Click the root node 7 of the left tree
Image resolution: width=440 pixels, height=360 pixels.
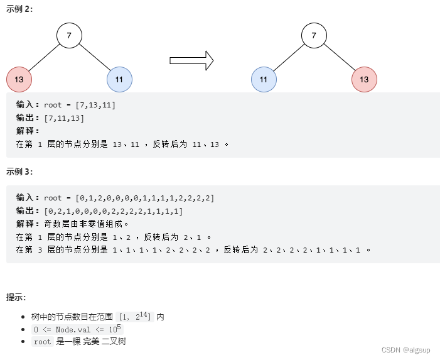point(69,36)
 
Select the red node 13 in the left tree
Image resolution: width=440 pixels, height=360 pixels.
point(19,80)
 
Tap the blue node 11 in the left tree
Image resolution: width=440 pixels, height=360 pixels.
point(119,80)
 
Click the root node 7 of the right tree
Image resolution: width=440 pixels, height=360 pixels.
point(314,36)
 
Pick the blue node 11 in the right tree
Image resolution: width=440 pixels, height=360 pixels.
point(264,80)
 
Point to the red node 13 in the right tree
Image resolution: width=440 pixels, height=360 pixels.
point(364,80)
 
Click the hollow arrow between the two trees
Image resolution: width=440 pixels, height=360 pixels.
point(191,60)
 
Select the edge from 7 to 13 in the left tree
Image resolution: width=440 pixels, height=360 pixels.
point(44,58)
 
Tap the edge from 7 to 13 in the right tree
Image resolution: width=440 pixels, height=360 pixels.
point(339,58)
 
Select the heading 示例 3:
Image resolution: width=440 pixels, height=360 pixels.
point(19,172)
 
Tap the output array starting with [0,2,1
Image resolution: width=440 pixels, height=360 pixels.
point(114,211)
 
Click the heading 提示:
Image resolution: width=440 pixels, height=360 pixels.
point(16,297)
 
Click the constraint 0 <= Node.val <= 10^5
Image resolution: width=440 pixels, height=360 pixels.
point(78,329)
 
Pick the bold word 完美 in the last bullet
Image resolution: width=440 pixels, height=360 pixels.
point(91,341)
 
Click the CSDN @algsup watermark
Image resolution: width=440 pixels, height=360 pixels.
point(405,351)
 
